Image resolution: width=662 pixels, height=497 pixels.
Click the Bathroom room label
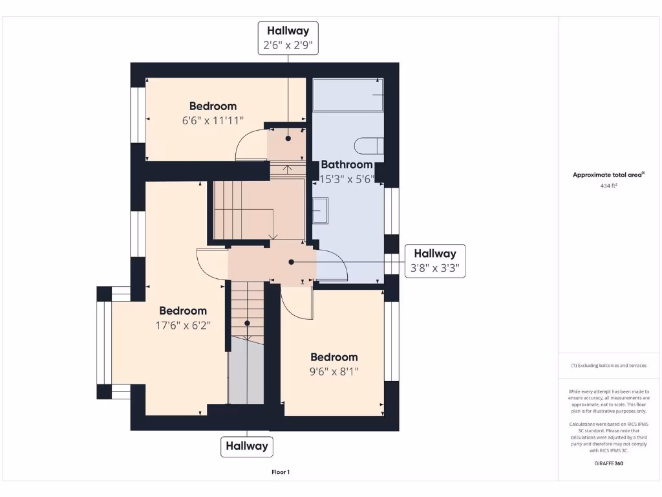(347, 164)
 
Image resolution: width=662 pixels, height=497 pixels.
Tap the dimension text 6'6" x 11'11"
(213, 120)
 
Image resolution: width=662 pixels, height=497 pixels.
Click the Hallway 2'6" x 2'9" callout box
(288, 38)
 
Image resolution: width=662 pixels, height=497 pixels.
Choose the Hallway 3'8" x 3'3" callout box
(435, 261)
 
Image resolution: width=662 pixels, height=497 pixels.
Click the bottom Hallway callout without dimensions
(247, 446)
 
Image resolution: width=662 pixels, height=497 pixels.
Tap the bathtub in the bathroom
(348, 95)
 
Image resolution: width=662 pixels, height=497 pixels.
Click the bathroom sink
(321, 210)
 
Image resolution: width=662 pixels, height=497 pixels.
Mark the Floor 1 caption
(281, 472)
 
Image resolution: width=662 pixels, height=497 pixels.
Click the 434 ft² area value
(609, 186)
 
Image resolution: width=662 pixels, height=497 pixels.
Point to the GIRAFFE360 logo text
(609, 463)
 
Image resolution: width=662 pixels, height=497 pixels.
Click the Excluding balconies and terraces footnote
(609, 366)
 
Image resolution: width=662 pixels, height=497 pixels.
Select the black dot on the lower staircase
(247, 322)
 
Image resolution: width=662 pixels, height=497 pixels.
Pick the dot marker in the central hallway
(292, 262)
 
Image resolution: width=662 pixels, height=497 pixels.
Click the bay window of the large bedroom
(103, 343)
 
